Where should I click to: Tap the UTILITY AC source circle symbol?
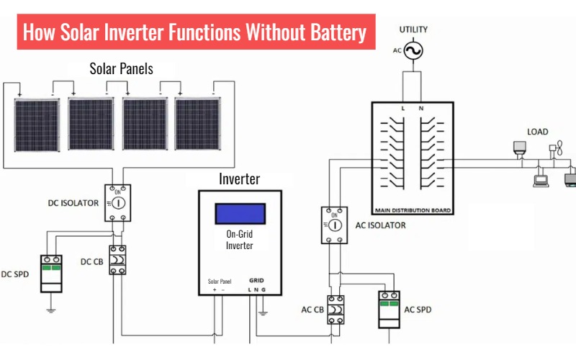tap(413, 51)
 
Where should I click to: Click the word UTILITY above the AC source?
tap(413, 30)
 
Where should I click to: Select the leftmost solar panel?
tap(38, 124)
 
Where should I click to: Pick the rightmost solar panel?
tap(197, 124)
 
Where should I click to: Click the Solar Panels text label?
tap(121, 69)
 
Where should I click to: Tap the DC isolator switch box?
tap(119, 203)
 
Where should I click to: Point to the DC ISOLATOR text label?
tap(70, 203)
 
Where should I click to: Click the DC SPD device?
tap(51, 273)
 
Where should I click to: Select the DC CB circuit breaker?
tap(118, 260)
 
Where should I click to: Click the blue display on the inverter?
tap(240, 214)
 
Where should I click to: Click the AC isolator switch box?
tap(335, 224)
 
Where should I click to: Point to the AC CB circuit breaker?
tap(336, 310)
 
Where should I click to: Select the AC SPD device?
tap(389, 310)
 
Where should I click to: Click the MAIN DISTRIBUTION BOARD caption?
tap(413, 211)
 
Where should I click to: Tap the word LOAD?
tap(537, 132)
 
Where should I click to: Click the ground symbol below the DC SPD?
tap(51, 310)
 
